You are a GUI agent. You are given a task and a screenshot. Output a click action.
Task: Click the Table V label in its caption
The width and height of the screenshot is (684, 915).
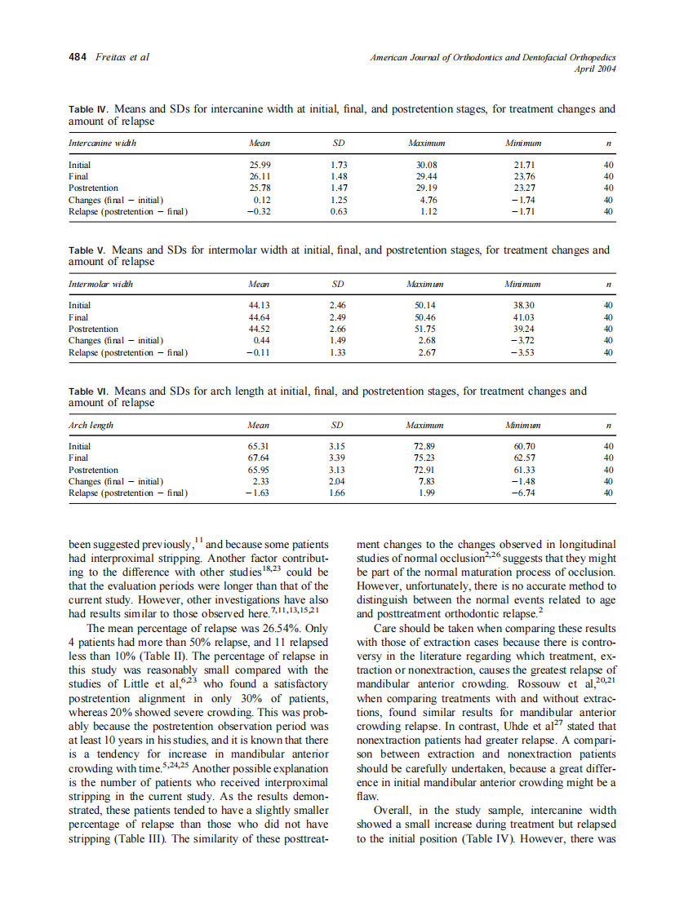pyautogui.click(x=87, y=250)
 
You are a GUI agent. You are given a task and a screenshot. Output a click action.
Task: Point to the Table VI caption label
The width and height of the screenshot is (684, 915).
pyautogui.click(x=88, y=391)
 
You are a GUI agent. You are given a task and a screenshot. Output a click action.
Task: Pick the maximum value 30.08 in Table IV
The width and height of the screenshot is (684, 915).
pyautogui.click(x=425, y=165)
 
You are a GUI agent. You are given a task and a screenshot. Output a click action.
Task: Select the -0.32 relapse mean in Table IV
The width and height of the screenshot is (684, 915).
pyautogui.click(x=259, y=211)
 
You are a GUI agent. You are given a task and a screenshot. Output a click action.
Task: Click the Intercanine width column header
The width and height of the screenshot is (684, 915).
pyautogui.click(x=102, y=143)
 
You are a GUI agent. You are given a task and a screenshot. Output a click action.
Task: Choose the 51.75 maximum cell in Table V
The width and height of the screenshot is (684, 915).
pyautogui.click(x=425, y=329)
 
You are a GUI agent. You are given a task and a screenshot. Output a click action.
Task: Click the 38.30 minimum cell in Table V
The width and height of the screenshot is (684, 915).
pyautogui.click(x=522, y=306)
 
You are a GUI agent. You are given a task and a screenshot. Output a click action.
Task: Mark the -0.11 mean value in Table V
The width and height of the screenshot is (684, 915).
pyautogui.click(x=259, y=352)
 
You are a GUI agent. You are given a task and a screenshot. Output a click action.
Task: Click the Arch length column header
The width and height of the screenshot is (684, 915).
pyautogui.click(x=91, y=425)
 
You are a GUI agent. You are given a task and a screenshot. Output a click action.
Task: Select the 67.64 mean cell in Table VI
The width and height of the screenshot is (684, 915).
pyautogui.click(x=259, y=458)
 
